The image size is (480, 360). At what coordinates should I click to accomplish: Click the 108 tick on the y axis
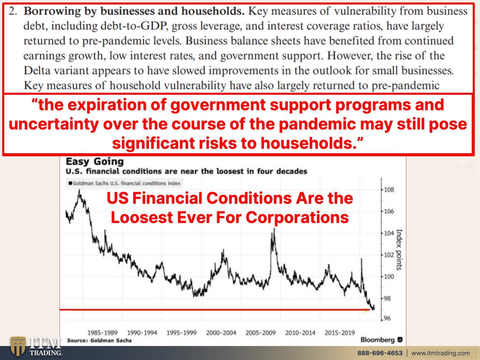(389, 190)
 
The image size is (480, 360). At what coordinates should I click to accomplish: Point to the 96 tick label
(387, 318)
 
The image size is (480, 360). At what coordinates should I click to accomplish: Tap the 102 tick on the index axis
(389, 255)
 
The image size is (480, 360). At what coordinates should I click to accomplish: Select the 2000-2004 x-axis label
(221, 332)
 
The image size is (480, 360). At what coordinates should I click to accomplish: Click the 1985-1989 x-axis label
(102, 332)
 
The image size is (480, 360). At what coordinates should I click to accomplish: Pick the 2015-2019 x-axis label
(339, 332)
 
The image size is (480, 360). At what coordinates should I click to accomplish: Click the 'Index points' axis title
(399, 249)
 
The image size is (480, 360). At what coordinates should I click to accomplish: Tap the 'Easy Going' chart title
(95, 162)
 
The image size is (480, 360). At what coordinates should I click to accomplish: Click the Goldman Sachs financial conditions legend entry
(124, 183)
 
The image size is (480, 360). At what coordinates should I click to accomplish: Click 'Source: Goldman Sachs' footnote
(99, 340)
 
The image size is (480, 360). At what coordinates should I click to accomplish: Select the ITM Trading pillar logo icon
(18, 346)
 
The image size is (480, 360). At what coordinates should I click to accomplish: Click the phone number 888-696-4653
(380, 353)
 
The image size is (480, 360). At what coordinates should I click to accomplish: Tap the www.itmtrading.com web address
(440, 353)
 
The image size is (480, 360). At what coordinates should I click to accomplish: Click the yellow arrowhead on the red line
(367, 310)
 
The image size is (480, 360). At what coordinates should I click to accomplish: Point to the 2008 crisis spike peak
(274, 228)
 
